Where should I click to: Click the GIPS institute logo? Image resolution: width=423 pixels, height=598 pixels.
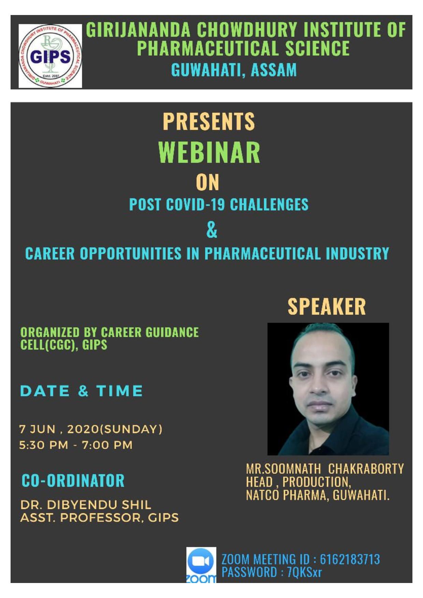point(50,56)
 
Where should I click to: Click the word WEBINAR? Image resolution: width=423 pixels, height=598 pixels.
point(209,152)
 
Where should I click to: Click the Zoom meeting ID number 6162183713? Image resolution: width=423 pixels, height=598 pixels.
point(350,559)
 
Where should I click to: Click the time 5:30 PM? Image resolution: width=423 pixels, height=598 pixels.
point(43,445)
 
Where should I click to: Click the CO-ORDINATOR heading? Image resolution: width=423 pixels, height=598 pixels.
point(73,480)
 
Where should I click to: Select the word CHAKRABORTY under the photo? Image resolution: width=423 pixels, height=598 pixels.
point(366,469)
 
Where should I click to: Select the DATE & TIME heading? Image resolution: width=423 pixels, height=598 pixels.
point(81,391)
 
